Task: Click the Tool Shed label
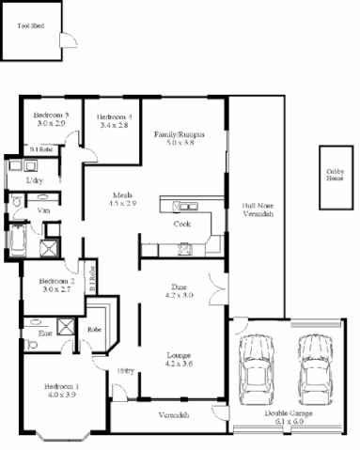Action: [x=30, y=27]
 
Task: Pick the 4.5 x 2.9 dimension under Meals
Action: [x=122, y=204]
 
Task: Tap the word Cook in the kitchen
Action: [x=182, y=225]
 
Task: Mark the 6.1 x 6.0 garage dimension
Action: [x=289, y=423]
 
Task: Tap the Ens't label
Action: [x=45, y=334]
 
